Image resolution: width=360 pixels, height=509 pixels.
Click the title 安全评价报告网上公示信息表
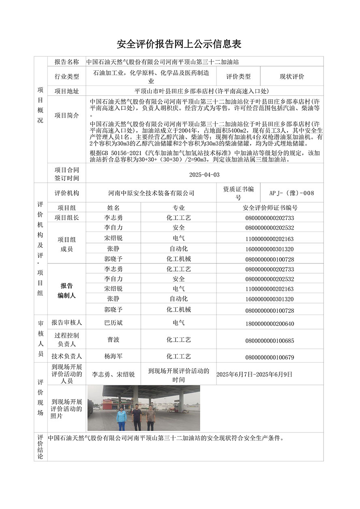point(179,44)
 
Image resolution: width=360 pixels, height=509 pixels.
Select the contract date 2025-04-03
point(205,175)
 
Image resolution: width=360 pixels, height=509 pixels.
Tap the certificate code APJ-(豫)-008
point(291,193)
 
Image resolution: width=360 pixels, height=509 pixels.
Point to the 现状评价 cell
point(292,76)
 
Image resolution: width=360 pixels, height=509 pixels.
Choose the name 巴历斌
point(114,323)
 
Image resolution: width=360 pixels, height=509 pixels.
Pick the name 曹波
point(114,340)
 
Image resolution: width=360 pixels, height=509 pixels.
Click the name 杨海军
point(114,357)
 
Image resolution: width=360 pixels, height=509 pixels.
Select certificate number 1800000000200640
point(270,323)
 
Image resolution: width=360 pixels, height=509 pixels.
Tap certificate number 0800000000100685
point(270,340)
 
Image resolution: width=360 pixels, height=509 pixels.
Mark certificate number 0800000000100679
point(270,357)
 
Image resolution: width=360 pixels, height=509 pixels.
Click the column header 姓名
point(114,207)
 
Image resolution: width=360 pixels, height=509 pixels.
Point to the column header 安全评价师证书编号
point(270,207)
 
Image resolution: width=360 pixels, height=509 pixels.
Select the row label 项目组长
point(67,218)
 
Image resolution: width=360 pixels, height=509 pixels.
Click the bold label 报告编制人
point(67,291)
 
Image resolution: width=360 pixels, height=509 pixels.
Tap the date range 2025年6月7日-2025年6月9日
point(254,374)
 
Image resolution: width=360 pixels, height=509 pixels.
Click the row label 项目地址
point(67,91)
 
